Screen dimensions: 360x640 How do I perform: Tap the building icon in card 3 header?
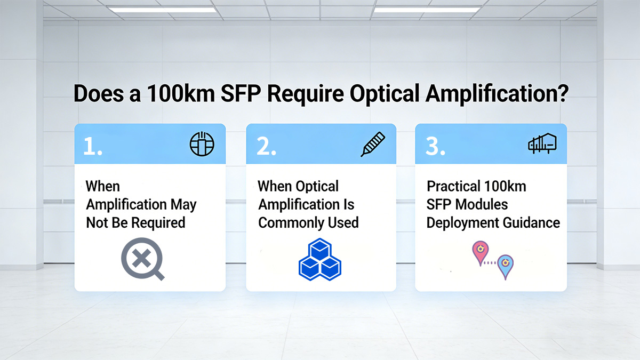pos(542,143)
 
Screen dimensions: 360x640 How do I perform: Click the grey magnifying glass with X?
pos(142,260)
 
